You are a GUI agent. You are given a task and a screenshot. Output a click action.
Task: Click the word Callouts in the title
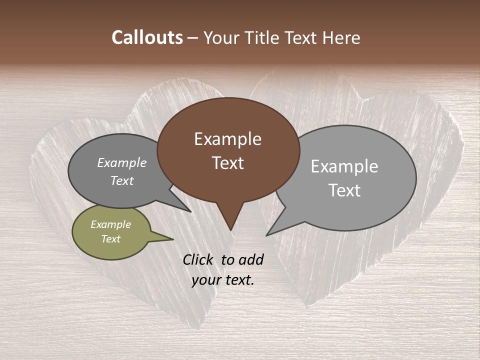[147, 37]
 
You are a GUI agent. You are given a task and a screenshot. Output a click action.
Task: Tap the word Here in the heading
[338, 37]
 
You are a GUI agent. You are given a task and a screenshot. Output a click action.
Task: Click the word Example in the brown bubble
[227, 138]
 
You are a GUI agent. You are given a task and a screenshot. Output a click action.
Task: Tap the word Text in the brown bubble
[228, 162]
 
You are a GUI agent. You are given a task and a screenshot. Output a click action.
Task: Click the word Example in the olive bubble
[110, 224]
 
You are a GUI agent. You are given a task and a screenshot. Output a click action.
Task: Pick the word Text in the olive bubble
[110, 239]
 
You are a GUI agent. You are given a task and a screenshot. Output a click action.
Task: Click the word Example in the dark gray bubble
[121, 162]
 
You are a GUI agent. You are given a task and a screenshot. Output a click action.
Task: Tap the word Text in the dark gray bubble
[121, 180]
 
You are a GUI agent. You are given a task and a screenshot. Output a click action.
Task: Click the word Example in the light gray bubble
[344, 166]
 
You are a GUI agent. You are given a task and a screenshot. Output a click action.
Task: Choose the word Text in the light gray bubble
[344, 190]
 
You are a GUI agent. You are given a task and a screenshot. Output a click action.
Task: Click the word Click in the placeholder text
[199, 259]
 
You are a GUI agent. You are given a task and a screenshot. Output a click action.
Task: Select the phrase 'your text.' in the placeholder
[223, 280]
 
